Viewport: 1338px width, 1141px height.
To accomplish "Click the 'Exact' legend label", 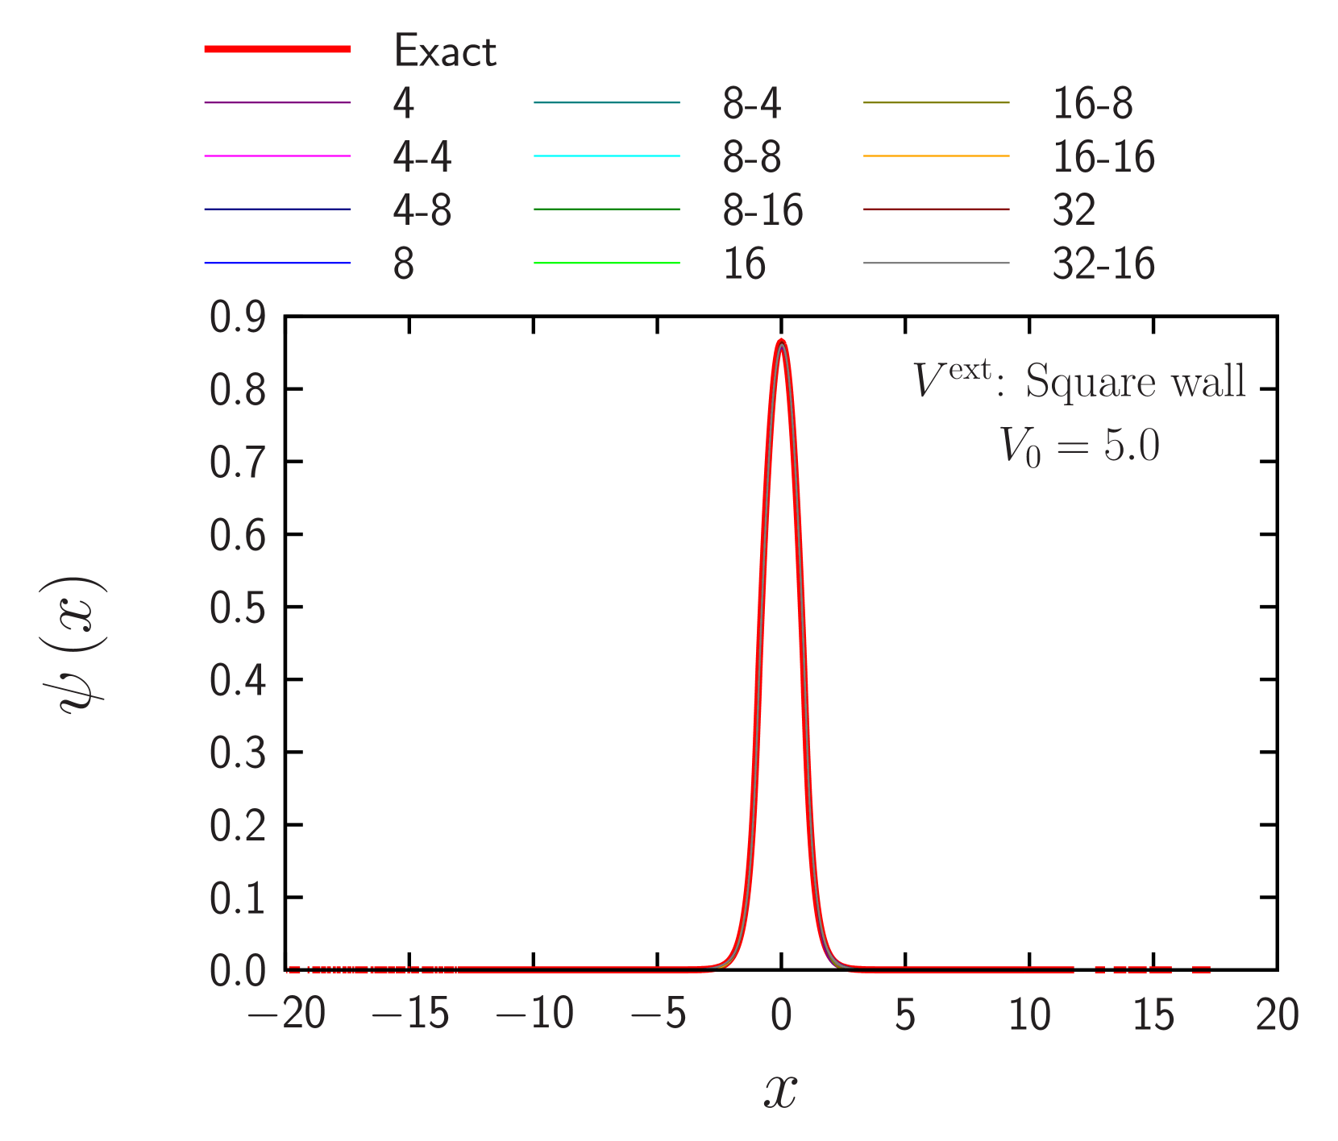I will pyautogui.click(x=445, y=51).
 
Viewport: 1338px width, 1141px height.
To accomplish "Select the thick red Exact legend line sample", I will pyautogui.click(x=277, y=49).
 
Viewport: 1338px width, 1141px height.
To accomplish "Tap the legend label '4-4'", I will pyautogui.click(x=422, y=156).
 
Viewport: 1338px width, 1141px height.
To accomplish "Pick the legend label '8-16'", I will pyautogui.click(x=762, y=210).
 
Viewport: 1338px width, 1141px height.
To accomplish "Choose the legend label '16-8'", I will pyautogui.click(x=1092, y=103).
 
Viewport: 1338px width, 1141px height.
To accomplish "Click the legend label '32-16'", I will pyautogui.click(x=1103, y=263).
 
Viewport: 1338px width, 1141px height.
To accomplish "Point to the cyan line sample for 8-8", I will pyautogui.click(x=606, y=156).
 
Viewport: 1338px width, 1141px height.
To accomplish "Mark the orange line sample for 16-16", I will pyautogui.click(x=936, y=156).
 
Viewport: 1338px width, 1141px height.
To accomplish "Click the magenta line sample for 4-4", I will pyautogui.click(x=277, y=156).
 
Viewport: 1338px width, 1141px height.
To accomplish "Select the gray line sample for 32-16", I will pyautogui.click(x=936, y=263).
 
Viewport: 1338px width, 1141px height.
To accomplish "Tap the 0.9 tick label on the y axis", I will pyautogui.click(x=238, y=317).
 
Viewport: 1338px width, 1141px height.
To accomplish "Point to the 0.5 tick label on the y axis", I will pyautogui.click(x=238, y=608).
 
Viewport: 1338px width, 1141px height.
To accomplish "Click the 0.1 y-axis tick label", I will pyautogui.click(x=238, y=898).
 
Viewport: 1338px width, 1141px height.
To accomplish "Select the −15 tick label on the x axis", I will pyautogui.click(x=410, y=1014).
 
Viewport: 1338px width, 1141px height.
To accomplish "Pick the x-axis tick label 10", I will pyautogui.click(x=1029, y=1014).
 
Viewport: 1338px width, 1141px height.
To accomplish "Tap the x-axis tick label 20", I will pyautogui.click(x=1277, y=1014).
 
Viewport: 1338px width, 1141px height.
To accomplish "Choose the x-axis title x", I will pyautogui.click(x=780, y=1092).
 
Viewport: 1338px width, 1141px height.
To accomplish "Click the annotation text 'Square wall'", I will pyautogui.click(x=1135, y=381).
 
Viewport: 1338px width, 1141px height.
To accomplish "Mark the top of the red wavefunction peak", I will pyautogui.click(x=781, y=341).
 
